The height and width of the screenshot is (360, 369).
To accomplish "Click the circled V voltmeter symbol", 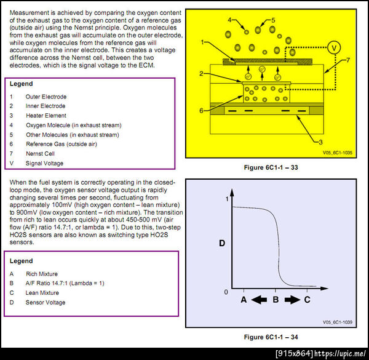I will [x=333, y=47].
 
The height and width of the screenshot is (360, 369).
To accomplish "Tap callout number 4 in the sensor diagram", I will [x=229, y=20].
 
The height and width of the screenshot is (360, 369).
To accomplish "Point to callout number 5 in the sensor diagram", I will [x=273, y=20].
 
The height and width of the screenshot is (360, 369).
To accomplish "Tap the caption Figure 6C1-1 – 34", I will [x=271, y=337].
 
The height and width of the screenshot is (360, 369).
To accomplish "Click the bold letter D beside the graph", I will [x=205, y=244].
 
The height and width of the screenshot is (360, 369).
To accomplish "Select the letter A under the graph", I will [x=244, y=300].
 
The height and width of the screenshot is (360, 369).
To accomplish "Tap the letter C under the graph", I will [x=307, y=300].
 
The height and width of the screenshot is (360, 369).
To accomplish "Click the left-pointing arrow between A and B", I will [x=260, y=300].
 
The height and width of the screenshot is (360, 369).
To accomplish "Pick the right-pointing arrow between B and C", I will [x=292, y=300].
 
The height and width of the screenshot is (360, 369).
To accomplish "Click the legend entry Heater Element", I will [x=46, y=116].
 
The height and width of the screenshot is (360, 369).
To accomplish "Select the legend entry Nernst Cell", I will [x=41, y=154].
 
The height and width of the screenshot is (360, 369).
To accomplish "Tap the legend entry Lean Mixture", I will [x=42, y=293].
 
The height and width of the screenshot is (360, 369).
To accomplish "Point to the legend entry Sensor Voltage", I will [x=46, y=303].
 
